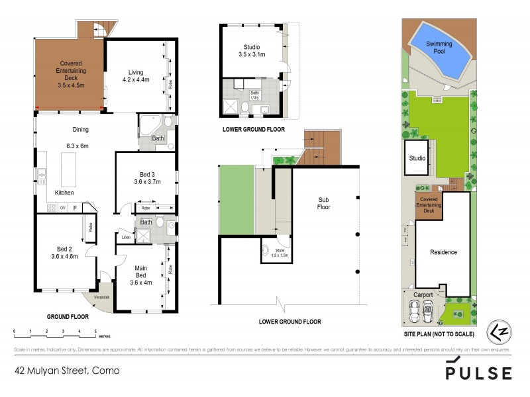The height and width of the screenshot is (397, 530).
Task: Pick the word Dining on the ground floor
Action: (x=80, y=130)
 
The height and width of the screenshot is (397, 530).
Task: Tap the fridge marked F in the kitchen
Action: (x=75, y=208)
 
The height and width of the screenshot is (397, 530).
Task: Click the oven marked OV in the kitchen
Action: (x=62, y=208)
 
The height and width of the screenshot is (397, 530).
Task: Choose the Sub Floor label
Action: (x=324, y=202)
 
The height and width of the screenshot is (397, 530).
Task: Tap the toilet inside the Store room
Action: (x=266, y=251)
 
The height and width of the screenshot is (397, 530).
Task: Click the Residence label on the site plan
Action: (x=443, y=252)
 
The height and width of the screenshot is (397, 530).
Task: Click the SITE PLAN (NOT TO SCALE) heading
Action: (x=439, y=335)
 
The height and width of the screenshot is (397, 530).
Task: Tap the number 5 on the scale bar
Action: (x=95, y=330)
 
